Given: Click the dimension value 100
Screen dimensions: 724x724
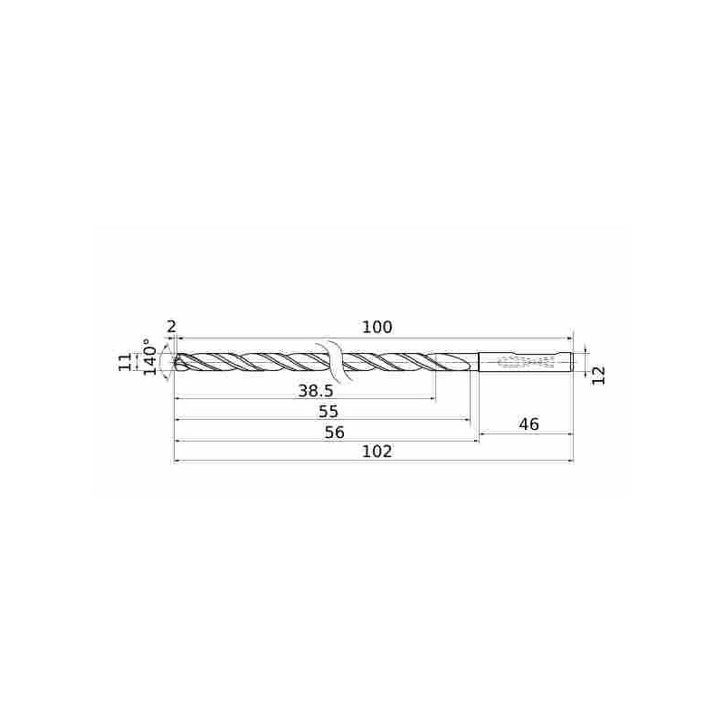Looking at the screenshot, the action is pyautogui.click(x=376, y=328).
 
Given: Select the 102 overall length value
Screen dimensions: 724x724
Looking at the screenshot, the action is pyautogui.click(x=376, y=451).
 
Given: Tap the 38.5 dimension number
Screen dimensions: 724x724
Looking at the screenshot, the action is pyautogui.click(x=315, y=392).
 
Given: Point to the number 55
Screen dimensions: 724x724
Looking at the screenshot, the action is pyautogui.click(x=329, y=412).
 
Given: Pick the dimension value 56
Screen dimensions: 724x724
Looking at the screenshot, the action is pyautogui.click(x=334, y=433).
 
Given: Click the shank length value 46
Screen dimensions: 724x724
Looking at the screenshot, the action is pyautogui.click(x=529, y=424).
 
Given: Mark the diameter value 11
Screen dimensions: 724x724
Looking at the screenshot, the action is pyautogui.click(x=126, y=361).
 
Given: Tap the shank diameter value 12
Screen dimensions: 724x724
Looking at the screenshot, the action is pyautogui.click(x=598, y=375).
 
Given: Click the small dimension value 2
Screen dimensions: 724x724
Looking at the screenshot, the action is pyautogui.click(x=171, y=327).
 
